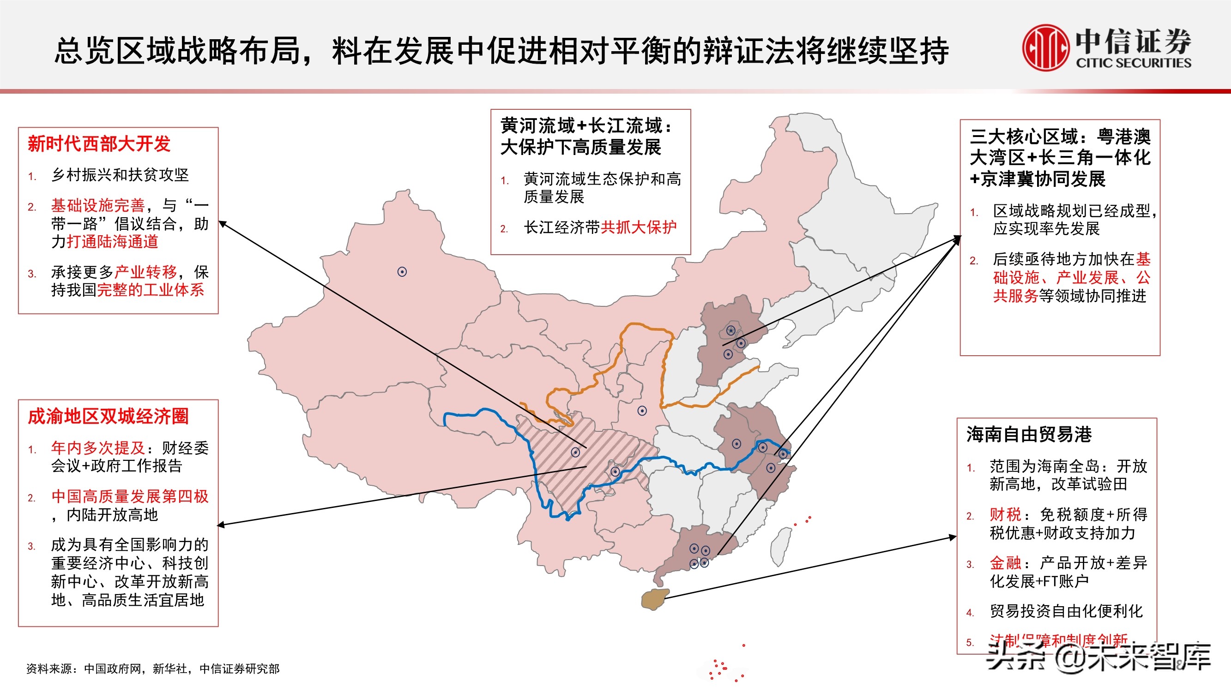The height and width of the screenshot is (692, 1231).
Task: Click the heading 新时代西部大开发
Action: point(99,144)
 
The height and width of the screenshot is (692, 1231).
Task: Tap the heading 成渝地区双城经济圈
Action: point(108,417)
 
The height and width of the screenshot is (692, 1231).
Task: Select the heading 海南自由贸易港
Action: point(1029,435)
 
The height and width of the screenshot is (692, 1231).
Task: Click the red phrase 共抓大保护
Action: point(639,227)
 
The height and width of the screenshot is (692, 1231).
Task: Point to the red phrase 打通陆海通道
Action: point(112,242)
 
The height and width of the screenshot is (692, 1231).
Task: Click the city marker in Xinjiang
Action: point(402,272)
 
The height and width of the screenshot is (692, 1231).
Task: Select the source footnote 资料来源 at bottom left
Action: point(153,668)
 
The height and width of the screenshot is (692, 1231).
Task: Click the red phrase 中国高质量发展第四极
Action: point(130,497)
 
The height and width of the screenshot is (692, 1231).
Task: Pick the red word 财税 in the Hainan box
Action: point(1005,515)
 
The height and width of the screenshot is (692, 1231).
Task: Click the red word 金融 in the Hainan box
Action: point(1005,563)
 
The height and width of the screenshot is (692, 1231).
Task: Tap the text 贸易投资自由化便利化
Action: point(1066,611)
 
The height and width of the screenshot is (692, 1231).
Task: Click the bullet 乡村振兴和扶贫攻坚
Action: point(120,175)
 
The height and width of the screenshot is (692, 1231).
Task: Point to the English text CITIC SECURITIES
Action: point(1133,63)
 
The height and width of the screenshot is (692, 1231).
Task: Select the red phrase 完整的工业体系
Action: point(151,290)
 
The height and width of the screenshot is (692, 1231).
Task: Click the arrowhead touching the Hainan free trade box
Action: point(953,537)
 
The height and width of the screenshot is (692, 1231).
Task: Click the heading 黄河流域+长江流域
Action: point(586,126)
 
